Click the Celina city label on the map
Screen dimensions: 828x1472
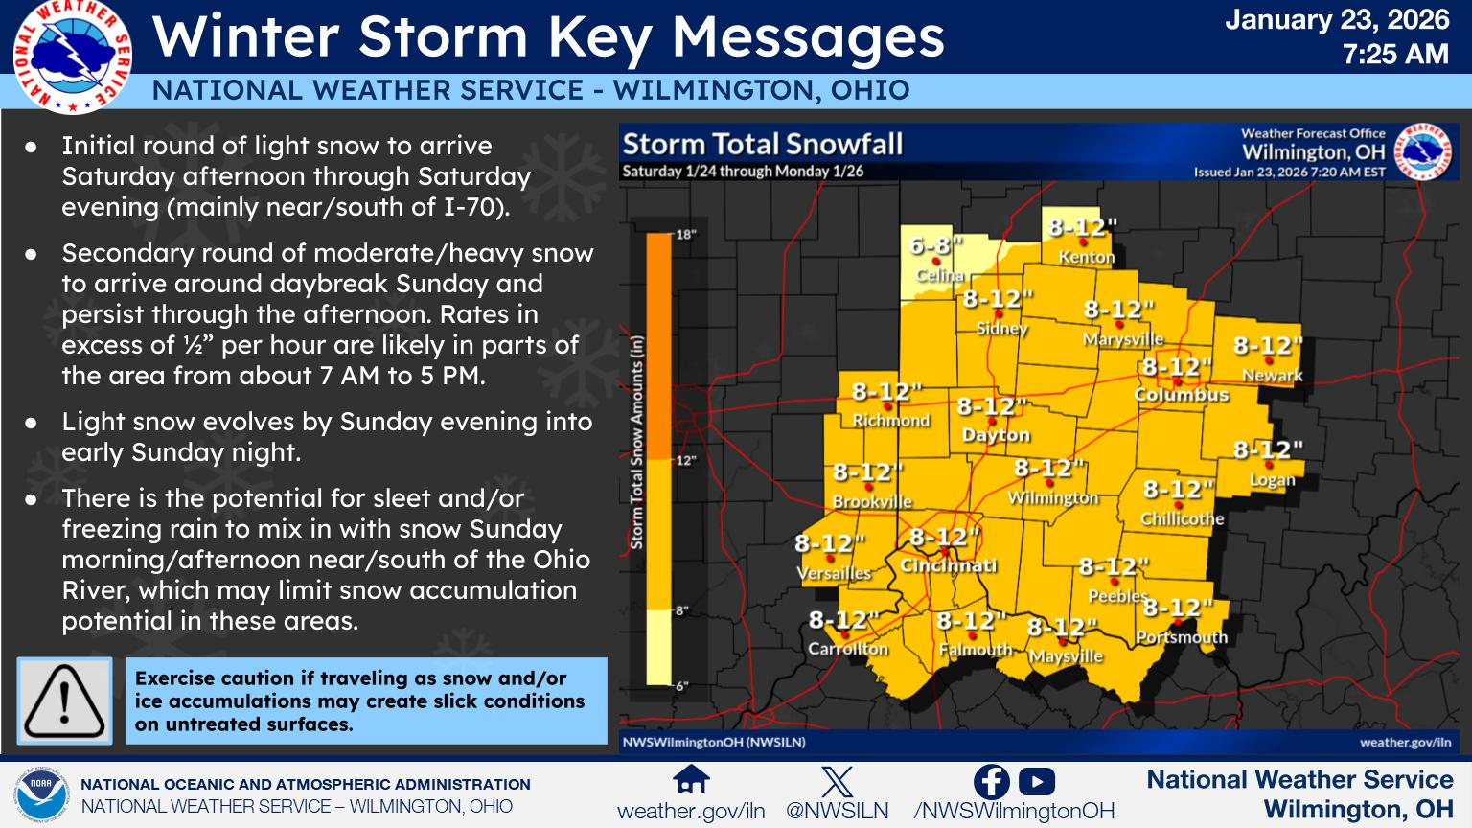click(939, 275)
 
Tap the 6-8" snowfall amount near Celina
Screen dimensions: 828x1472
click(934, 246)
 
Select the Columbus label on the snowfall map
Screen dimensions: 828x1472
click(1181, 394)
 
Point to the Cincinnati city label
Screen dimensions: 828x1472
click(948, 565)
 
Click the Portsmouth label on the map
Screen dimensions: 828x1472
click(1181, 637)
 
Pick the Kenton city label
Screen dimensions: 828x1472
click(1086, 257)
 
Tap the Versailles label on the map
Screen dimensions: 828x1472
click(834, 573)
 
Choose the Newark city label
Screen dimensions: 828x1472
click(1272, 376)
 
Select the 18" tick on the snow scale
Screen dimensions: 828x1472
click(685, 234)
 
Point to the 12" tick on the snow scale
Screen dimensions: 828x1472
click(685, 460)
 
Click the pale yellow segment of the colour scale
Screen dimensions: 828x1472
click(658, 647)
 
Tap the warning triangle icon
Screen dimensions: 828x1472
click(64, 701)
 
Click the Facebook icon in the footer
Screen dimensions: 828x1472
click(991, 782)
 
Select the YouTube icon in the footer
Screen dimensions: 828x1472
click(1037, 782)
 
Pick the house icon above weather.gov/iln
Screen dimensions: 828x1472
click(691, 780)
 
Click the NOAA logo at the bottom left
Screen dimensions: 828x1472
click(40, 794)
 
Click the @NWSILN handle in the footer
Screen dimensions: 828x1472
click(837, 811)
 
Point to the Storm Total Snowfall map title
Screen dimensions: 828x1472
click(763, 145)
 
